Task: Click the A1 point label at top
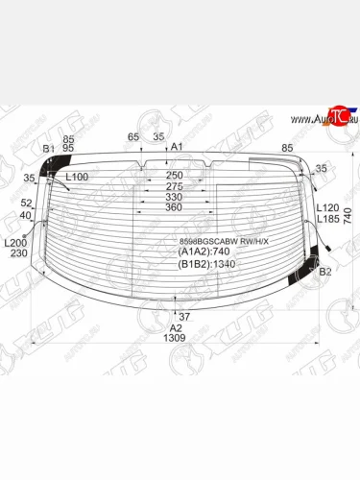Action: tap(178, 147)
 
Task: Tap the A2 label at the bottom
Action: tap(176, 326)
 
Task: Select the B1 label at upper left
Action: tap(48, 149)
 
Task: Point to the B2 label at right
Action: tap(324, 273)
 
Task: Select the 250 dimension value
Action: tap(174, 176)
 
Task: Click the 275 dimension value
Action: tap(174, 186)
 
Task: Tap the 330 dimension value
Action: tap(174, 197)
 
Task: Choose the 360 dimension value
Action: tap(174, 207)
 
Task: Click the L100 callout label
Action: tap(77, 177)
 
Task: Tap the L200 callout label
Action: tap(15, 243)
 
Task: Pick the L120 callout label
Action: tap(327, 207)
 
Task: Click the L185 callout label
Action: tap(327, 219)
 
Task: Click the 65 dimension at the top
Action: tap(133, 136)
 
